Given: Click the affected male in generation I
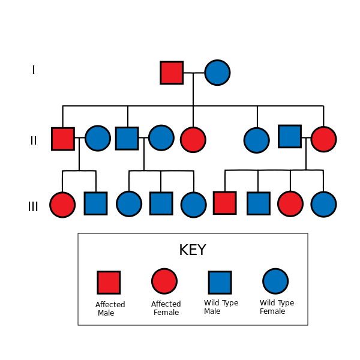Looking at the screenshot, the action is click(x=172, y=73).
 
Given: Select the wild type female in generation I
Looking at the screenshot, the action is click(x=217, y=73).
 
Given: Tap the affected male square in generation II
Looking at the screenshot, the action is click(x=63, y=139).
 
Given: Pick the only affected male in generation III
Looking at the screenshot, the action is click(x=225, y=203).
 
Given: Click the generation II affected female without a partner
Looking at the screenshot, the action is click(x=193, y=140).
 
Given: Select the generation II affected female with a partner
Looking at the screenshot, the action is click(x=324, y=139).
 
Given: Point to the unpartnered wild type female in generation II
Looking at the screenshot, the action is click(x=257, y=140).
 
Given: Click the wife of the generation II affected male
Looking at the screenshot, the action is click(x=98, y=138).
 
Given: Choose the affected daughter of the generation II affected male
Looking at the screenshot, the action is click(x=62, y=205).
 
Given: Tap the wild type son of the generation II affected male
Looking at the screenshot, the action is click(x=96, y=203).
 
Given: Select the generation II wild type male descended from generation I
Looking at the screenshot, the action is click(x=127, y=138).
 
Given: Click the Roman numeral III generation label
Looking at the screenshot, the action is click(x=33, y=206).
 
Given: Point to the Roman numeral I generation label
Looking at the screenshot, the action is click(x=34, y=70).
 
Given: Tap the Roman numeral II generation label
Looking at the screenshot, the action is click(x=34, y=140).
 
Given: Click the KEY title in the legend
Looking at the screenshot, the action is click(x=193, y=250).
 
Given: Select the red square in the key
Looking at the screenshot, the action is click(x=109, y=283).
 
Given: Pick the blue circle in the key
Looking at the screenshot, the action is click(x=275, y=281).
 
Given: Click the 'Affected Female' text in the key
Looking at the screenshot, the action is click(x=166, y=308).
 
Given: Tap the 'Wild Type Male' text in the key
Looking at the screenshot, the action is click(x=221, y=307).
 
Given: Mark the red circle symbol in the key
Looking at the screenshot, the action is click(x=164, y=281).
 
